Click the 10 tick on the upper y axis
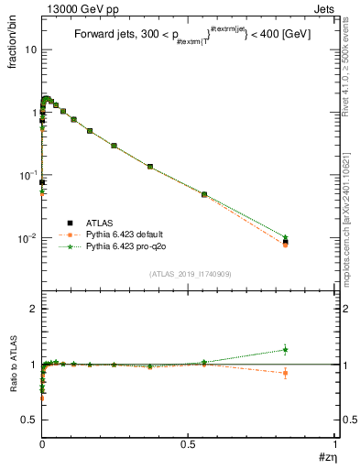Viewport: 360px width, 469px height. click(x=29, y=49)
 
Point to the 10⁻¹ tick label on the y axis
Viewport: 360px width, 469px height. click(x=27, y=175)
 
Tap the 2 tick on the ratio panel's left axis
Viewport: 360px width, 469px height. click(x=33, y=310)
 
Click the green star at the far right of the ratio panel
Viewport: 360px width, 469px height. click(x=286, y=349)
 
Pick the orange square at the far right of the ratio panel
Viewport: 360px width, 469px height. click(x=286, y=373)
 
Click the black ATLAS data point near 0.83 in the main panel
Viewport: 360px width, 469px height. click(x=286, y=242)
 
